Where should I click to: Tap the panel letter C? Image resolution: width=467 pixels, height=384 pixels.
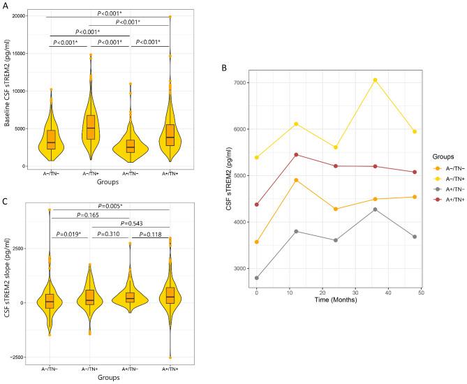[6, 202]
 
